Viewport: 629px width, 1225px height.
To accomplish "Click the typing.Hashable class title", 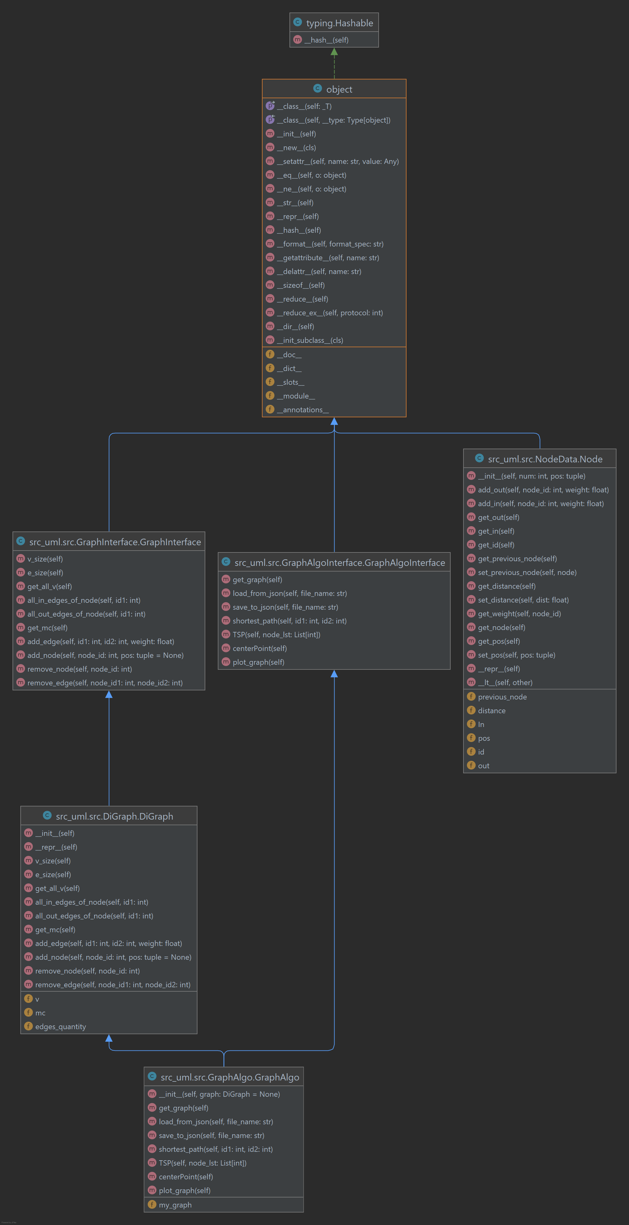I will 339,23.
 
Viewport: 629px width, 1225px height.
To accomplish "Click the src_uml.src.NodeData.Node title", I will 545,459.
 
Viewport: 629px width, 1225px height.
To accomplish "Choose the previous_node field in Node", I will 502,697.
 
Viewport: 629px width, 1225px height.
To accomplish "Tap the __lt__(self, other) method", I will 505,682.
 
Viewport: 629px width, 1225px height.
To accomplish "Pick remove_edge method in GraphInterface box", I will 105,682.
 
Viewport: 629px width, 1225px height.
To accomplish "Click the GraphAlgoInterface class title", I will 339,562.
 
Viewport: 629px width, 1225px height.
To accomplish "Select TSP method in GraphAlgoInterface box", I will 276,634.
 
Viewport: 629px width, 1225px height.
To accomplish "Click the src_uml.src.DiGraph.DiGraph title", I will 114,816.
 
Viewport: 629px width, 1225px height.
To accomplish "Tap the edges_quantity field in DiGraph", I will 60,1026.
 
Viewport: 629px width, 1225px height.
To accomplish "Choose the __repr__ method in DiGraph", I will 56,847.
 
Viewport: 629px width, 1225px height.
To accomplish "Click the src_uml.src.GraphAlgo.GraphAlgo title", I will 230,1077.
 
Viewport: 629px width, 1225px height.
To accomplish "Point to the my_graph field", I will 175,1205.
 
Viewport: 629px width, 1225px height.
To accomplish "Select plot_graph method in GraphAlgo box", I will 185,1190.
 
